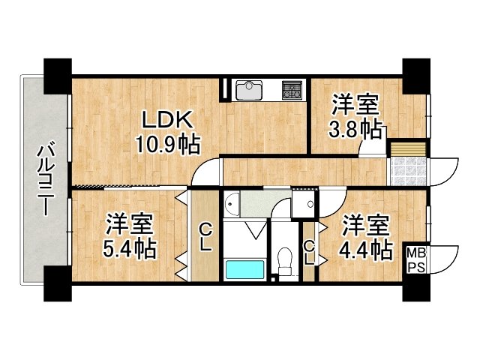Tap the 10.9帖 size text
point(167,142)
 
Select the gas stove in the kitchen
point(291,91)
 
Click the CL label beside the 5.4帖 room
point(205,238)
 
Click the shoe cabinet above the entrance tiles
point(406,147)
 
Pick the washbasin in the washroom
point(232,204)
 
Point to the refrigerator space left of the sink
point(225,89)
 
